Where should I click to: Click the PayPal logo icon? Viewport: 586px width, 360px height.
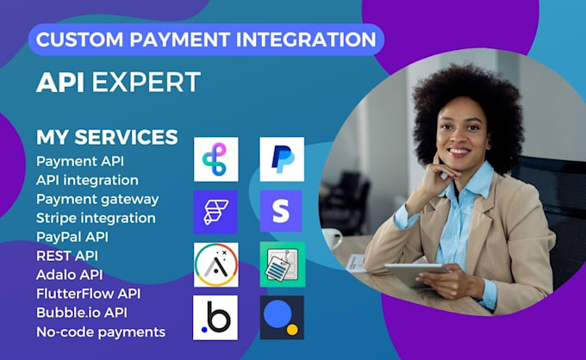coord(282,159)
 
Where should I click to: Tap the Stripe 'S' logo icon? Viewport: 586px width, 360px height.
coord(281,211)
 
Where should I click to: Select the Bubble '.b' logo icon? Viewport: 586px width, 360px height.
coord(215,317)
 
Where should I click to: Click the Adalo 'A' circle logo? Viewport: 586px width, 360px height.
coord(215,264)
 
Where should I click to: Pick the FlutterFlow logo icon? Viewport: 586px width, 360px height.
coord(215,212)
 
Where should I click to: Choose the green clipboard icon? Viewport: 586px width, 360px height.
coord(282,264)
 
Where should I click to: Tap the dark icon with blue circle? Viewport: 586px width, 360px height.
coord(282,317)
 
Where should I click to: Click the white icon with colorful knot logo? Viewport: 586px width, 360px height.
coord(215,159)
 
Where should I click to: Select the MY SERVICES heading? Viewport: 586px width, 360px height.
coord(107,137)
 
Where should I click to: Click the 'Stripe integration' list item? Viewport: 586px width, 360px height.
coord(96,218)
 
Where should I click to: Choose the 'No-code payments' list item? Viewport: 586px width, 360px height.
coord(101,332)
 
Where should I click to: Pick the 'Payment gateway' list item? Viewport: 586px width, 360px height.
coord(97,199)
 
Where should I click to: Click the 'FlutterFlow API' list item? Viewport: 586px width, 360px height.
coord(89,294)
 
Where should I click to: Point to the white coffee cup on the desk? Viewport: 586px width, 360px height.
coord(333,239)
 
